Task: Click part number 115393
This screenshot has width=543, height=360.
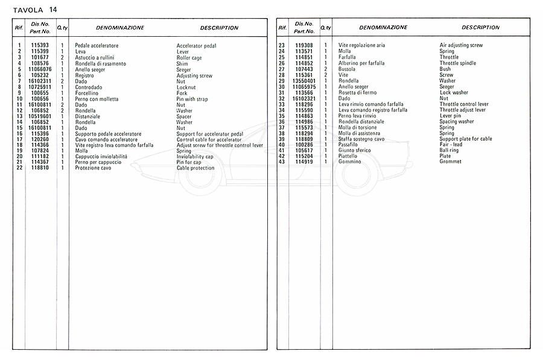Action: (x=40, y=46)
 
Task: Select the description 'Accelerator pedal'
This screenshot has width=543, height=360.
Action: (x=196, y=46)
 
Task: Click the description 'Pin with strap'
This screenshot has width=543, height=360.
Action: (x=193, y=99)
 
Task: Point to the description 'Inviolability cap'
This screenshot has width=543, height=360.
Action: (x=195, y=156)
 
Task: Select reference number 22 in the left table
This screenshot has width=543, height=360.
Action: (x=19, y=168)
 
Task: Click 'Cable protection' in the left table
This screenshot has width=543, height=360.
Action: (x=195, y=168)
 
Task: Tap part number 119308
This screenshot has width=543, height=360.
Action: (x=303, y=46)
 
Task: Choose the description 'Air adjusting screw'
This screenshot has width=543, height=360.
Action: (x=461, y=46)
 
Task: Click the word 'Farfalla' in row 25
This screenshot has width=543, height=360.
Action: (x=348, y=57)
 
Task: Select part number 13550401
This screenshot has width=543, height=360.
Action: (x=303, y=81)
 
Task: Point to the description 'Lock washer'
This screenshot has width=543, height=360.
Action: (x=454, y=93)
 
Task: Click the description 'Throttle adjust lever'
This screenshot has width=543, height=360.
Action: (x=463, y=110)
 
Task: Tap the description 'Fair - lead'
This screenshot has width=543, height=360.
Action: (x=451, y=145)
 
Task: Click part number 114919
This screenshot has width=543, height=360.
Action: (x=303, y=162)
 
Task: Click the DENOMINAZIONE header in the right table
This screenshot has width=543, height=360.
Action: (x=383, y=28)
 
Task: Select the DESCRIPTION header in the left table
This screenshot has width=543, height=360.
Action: (x=219, y=28)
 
